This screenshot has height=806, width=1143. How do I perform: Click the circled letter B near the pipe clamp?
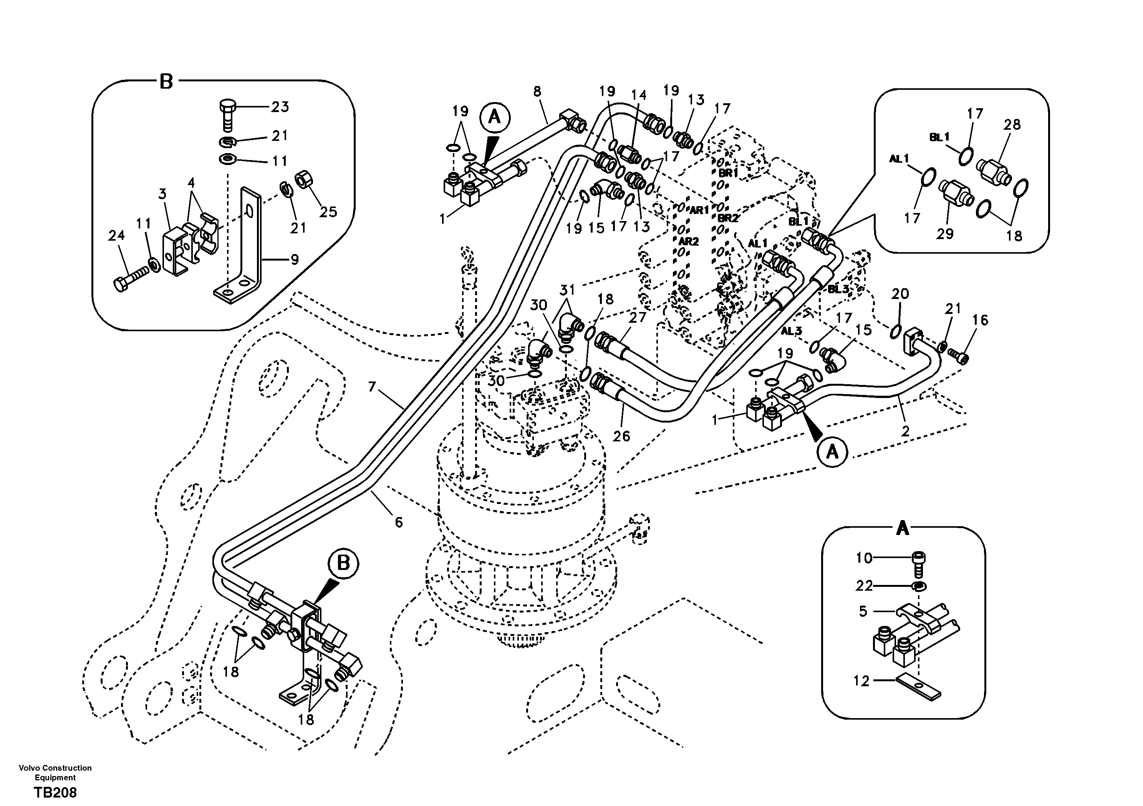(x=343, y=564)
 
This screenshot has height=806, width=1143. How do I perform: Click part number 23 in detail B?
(x=280, y=107)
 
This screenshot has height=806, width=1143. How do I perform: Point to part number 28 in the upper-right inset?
(x=1012, y=124)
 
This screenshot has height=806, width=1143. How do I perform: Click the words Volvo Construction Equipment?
(x=55, y=772)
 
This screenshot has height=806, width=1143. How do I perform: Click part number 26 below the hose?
(x=621, y=436)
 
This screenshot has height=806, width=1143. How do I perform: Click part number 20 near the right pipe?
(x=900, y=294)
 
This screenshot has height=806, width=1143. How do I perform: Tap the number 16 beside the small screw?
(x=980, y=320)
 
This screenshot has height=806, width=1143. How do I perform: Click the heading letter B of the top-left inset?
(x=166, y=81)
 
